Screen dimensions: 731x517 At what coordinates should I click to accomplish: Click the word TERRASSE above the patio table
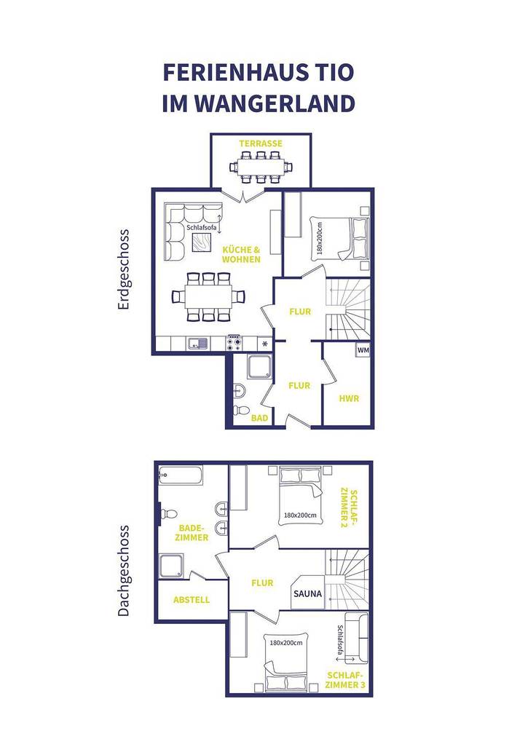[x=260, y=144]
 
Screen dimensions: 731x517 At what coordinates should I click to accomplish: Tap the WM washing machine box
[x=363, y=351]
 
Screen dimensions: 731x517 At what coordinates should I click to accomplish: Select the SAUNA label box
[x=308, y=593]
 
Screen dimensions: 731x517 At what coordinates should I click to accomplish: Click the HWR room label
[x=349, y=399]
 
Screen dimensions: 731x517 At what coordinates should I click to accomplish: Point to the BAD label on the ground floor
[x=259, y=419]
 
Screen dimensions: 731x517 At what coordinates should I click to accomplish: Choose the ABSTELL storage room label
[x=192, y=600]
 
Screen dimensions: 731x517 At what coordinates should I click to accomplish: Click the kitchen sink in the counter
[x=197, y=343]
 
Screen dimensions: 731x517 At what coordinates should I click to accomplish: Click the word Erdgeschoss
[x=123, y=270]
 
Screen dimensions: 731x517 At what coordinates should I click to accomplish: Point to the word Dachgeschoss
[x=123, y=571]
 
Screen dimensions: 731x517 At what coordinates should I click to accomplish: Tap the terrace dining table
[x=260, y=166]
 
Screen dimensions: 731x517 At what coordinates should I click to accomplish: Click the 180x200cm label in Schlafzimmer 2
[x=301, y=515]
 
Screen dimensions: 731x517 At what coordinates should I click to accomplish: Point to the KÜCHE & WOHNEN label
[x=241, y=254]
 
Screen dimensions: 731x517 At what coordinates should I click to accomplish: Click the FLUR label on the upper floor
[x=262, y=582]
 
